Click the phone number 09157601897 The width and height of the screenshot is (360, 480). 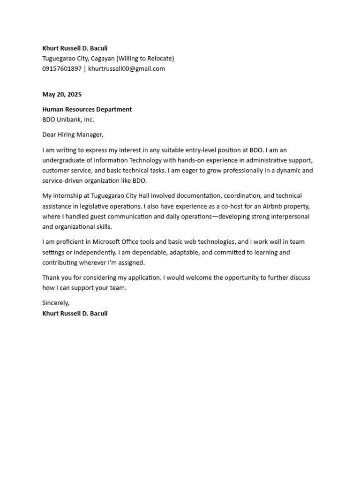coord(62,69)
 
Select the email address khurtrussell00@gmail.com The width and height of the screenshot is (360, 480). coord(127,69)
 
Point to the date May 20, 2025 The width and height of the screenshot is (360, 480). coord(62,94)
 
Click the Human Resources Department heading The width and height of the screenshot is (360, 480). coord(87,109)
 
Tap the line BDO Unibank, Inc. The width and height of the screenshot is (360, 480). coord(68,120)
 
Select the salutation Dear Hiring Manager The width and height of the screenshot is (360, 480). coord(72,135)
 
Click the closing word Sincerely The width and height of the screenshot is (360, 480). coord(55,303)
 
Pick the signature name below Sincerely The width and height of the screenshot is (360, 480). coord(75,313)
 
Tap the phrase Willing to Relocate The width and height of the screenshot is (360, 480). coord(145,59)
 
